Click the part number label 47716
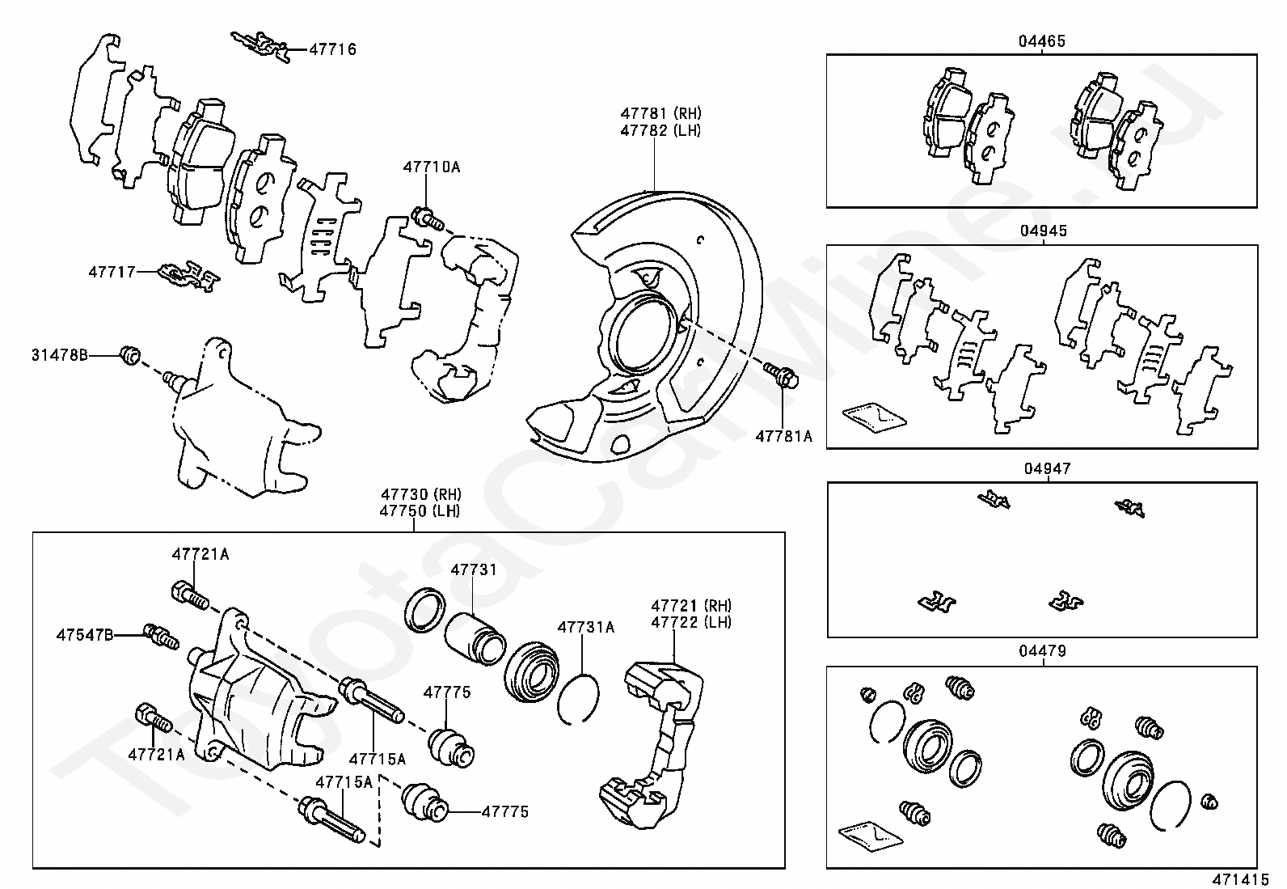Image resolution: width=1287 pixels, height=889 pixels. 332,49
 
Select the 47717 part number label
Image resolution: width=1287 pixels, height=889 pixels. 112,273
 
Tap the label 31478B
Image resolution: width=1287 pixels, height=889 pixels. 60,354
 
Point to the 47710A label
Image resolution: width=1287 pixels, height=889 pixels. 432,167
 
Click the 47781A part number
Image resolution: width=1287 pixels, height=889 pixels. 784,436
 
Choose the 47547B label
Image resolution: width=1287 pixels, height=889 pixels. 85,635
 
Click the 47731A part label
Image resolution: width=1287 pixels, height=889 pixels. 586,627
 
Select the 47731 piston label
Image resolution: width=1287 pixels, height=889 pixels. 474,570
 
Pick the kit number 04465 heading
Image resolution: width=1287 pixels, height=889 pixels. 1042,41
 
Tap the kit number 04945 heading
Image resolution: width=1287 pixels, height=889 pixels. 1043,231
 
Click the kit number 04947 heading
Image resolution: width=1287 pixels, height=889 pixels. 1048,468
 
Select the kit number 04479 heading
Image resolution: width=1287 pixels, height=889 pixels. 1042,651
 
